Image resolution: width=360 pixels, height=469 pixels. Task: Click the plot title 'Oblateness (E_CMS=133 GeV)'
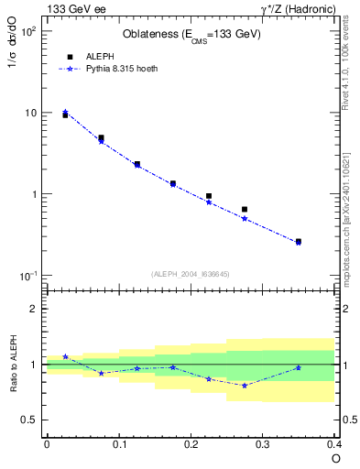(x=191, y=35)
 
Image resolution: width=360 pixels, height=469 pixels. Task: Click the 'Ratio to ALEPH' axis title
(x=15, y=365)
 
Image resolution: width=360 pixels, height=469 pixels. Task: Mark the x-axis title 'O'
(x=335, y=459)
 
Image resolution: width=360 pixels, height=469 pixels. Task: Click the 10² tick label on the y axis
(x=28, y=31)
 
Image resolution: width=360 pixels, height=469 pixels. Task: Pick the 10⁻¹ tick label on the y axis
(x=28, y=276)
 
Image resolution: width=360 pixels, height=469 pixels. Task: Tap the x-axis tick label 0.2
(x=191, y=444)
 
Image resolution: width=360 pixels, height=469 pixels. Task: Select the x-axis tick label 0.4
(x=333, y=444)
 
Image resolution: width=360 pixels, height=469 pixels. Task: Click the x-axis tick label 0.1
(x=118, y=444)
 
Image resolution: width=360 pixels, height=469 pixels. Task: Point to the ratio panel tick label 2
(x=33, y=310)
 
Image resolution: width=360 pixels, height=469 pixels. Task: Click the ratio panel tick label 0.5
(x=28, y=420)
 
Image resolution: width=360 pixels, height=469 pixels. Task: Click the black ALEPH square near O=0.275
(x=245, y=209)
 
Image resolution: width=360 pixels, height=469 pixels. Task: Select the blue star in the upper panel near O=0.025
(x=65, y=112)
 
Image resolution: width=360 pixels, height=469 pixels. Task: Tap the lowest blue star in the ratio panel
(x=245, y=386)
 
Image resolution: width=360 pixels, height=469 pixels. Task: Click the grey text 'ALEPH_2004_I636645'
(x=191, y=274)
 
